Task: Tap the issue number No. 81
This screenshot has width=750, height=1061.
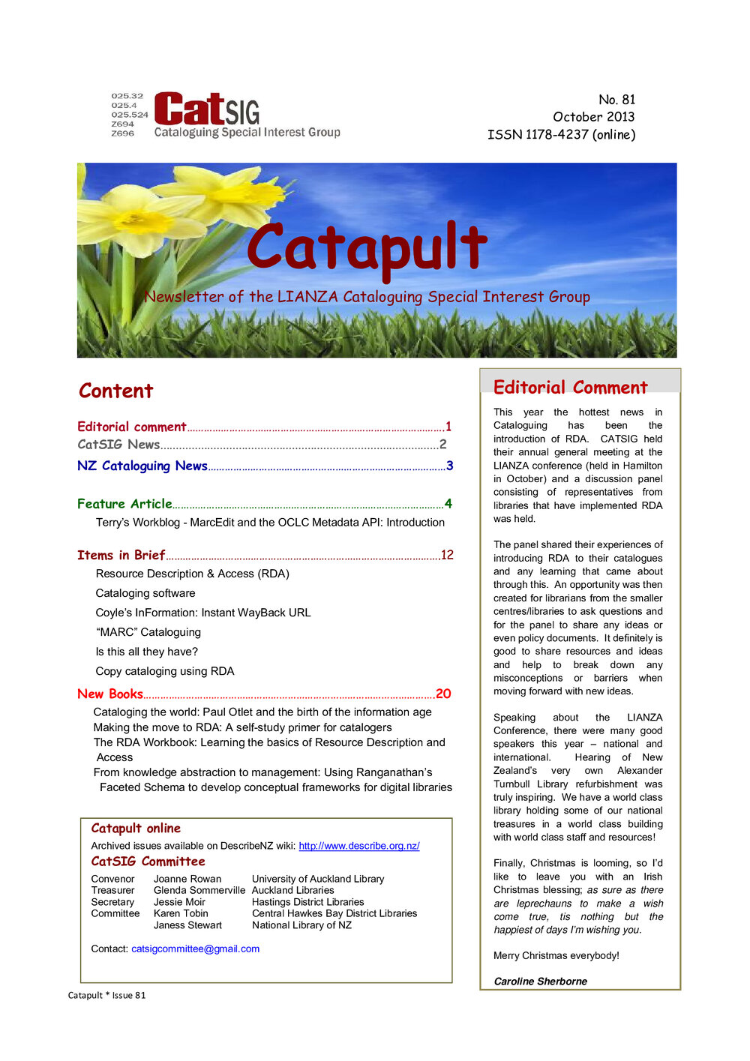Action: pos(616,100)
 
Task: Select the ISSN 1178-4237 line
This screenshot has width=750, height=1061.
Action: pos(561,135)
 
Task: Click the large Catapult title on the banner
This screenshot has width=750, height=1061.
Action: pos(367,247)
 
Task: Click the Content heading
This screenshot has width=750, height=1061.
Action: pos(115,391)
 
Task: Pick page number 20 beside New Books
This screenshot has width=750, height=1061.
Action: pos(443,694)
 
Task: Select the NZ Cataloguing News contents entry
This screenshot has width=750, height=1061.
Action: pos(142,466)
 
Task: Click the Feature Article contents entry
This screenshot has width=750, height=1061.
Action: pos(124,504)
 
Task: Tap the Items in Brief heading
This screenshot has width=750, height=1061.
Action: pos(121,555)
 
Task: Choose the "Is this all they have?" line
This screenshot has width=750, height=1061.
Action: pos(147,652)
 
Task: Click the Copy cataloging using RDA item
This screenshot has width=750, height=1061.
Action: pos(165,671)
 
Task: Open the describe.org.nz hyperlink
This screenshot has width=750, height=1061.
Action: pos(358,846)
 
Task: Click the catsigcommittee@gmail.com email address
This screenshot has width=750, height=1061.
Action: pos(195,949)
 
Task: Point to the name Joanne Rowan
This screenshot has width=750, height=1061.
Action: pos(187,879)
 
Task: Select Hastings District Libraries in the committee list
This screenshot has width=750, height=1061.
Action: pos(307,902)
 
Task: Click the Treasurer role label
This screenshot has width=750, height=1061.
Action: pos(112,890)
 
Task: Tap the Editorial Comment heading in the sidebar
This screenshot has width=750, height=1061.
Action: pos(570,388)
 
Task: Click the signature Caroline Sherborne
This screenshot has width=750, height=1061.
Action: pos(540,981)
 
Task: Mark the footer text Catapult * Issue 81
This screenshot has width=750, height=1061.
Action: pos(106,995)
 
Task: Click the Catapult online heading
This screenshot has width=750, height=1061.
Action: pos(136,828)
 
